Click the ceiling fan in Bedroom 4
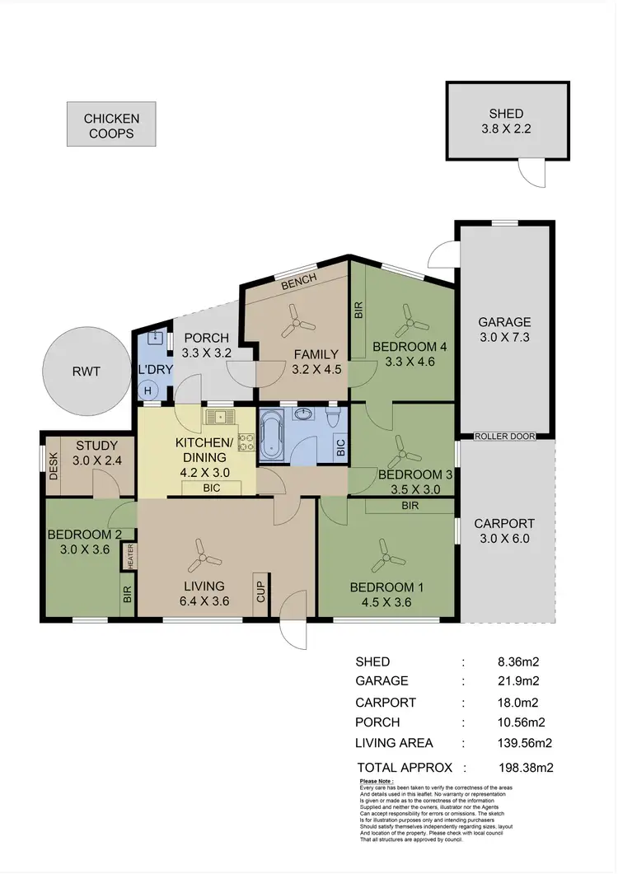tap(406, 316)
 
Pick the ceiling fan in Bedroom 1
tap(382, 556)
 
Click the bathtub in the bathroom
tap(272, 435)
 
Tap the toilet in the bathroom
tap(334, 418)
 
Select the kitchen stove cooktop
tap(246, 442)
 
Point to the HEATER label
tap(130, 558)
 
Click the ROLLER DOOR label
tap(505, 436)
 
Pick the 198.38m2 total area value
tap(518, 767)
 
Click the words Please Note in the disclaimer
tap(377, 780)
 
